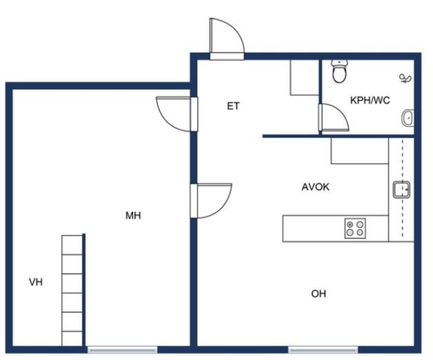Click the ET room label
pos(233,106)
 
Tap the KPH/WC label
pos(370,100)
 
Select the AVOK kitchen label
pos(315,187)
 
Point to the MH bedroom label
pos(133,215)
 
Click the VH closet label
pos(36,282)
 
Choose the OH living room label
pos(319,294)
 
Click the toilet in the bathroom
pos(339,71)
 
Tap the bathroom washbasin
pos(407,118)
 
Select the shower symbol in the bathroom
pos(405,79)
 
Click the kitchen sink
pos(401,190)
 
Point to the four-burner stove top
pos(355,228)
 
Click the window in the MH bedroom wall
pos(123,350)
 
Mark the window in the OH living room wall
pos(323,350)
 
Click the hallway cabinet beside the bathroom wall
pos(304,78)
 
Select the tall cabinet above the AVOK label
pos(360,151)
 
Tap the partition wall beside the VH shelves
pos(84,290)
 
